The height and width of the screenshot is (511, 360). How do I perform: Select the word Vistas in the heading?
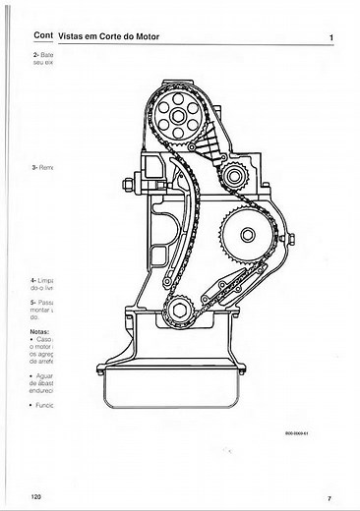[x=74, y=36]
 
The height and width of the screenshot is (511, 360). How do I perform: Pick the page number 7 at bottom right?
[x=329, y=498]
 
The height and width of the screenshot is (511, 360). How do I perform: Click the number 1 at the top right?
[x=332, y=36]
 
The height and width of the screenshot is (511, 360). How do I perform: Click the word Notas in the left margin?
[x=41, y=332]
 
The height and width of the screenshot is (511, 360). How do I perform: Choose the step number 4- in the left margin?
[x=35, y=281]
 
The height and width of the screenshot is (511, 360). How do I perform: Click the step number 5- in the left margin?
[x=35, y=302]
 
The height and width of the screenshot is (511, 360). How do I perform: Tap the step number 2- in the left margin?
[x=35, y=54]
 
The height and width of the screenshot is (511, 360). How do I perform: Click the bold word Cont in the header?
[x=42, y=36]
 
